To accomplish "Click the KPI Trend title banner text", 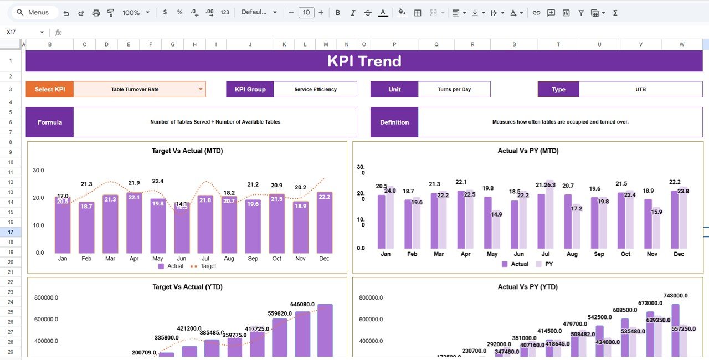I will tap(364, 61).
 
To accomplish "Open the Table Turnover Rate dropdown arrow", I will tap(200, 89).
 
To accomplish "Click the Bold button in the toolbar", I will tap(338, 12).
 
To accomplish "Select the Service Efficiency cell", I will tap(315, 89).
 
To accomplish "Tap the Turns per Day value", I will tap(454, 89).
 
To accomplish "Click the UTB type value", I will tap(640, 89).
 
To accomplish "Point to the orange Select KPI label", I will tap(50, 89).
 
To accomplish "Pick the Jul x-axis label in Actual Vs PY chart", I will tap(546, 254).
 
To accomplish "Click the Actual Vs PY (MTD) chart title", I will tap(528, 151).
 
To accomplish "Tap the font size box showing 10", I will tap(306, 12).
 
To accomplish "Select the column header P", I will tap(394, 44).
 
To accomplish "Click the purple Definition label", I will tap(394, 122).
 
